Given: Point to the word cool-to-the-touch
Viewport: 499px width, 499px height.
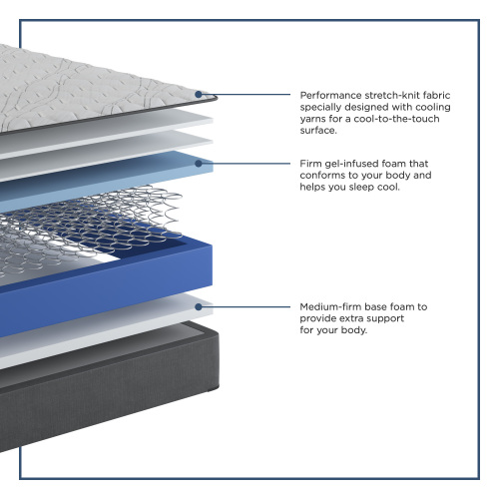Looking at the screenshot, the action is [x=396, y=119].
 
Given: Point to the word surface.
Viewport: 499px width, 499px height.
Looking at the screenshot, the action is [x=318, y=131].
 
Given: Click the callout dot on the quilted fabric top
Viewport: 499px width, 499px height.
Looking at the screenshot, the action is [x=199, y=95].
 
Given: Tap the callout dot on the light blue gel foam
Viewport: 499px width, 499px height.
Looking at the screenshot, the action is [x=199, y=164].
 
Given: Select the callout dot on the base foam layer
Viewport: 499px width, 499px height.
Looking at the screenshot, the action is [x=199, y=306].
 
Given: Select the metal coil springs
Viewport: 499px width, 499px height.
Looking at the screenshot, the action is [x=90, y=227].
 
